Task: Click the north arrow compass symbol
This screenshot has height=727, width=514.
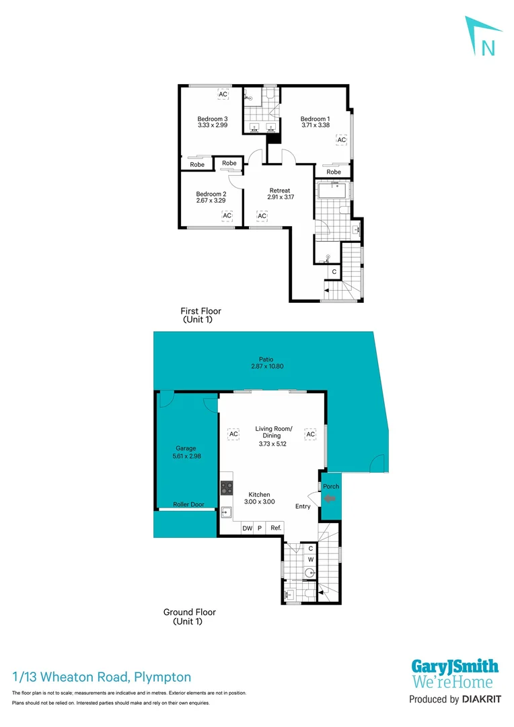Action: [x=484, y=38]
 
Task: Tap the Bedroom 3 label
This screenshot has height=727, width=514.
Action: [x=213, y=118]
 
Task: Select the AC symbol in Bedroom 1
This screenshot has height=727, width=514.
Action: [x=341, y=139]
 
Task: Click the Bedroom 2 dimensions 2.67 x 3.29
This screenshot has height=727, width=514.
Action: [x=210, y=200]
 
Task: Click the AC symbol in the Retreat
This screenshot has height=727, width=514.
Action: [x=262, y=215]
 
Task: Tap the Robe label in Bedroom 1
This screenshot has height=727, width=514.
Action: [x=334, y=172]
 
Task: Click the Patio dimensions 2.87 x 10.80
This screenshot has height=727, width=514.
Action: [x=262, y=368]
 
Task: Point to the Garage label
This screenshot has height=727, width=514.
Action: [x=186, y=448]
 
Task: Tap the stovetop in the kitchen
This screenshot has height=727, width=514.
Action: [x=227, y=488]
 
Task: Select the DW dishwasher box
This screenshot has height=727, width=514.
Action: [x=248, y=528]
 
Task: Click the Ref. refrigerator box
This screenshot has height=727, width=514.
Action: [x=276, y=528]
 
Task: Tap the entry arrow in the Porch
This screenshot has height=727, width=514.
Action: [x=330, y=499]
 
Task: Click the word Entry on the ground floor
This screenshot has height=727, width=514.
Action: [x=303, y=506]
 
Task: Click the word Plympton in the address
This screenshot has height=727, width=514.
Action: [x=163, y=677]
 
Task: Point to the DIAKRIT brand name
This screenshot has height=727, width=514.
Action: [x=480, y=699]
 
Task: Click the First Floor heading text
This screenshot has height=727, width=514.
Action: [x=200, y=311]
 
